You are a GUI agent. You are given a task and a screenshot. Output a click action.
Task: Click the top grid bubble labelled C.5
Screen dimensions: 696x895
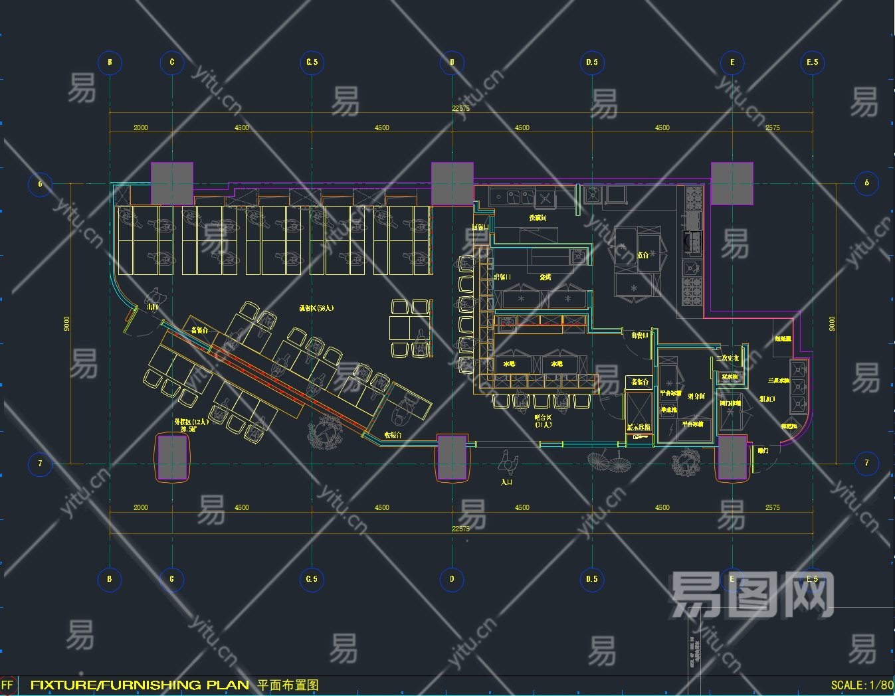click(x=312, y=62)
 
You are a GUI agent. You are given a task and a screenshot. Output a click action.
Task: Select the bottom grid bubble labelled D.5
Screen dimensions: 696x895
click(x=591, y=579)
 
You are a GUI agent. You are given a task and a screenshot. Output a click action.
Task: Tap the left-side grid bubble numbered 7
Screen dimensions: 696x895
click(x=40, y=463)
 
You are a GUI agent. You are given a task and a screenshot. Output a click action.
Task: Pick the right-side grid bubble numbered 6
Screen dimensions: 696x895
click(x=866, y=183)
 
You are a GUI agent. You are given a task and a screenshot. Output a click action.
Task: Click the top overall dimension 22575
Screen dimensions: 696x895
click(x=460, y=108)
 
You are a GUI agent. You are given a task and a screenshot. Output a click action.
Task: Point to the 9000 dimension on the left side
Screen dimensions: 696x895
click(x=66, y=323)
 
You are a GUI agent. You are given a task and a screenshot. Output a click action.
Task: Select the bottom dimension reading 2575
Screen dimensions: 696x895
click(x=772, y=507)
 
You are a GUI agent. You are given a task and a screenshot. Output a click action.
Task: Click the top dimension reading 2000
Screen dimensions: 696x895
click(x=141, y=128)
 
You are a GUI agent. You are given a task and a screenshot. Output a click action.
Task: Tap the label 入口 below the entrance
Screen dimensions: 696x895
click(x=506, y=481)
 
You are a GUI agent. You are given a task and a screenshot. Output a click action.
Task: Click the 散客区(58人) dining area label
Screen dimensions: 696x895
click(x=316, y=308)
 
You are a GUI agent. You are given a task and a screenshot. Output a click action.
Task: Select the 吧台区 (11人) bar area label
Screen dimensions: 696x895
click(x=544, y=420)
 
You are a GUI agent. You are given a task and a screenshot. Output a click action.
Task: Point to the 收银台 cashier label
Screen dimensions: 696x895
click(x=393, y=435)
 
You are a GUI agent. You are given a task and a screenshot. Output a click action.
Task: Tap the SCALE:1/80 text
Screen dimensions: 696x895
click(x=862, y=685)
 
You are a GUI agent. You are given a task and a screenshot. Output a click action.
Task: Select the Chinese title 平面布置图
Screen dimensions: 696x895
click(x=288, y=685)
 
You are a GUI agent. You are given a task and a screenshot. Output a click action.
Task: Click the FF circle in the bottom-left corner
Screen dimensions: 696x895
click(x=7, y=685)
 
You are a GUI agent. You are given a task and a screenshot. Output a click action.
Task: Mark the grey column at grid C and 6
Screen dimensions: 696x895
click(x=172, y=183)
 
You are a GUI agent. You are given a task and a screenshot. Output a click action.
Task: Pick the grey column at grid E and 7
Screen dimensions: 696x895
click(x=732, y=458)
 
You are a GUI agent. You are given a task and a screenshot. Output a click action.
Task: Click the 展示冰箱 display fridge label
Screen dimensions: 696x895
click(x=639, y=427)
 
